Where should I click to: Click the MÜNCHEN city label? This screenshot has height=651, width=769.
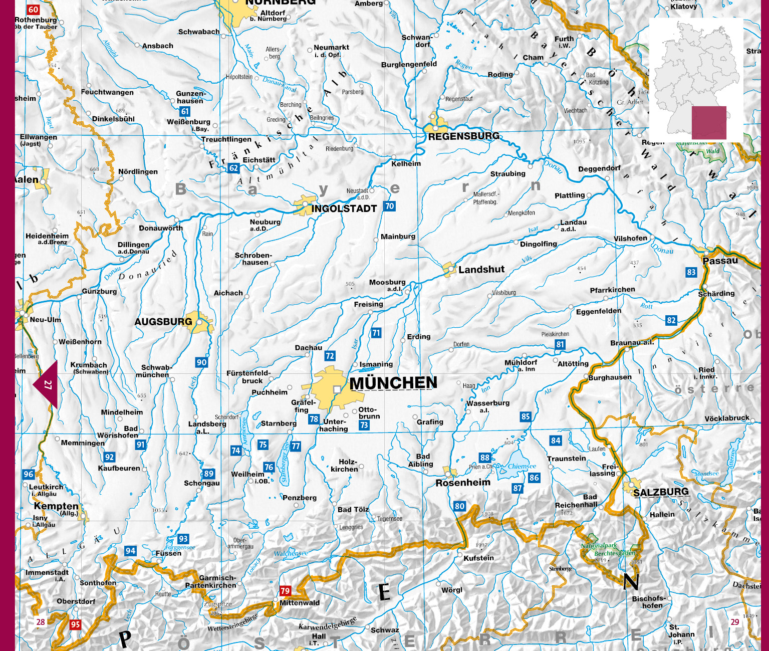pos(393,383)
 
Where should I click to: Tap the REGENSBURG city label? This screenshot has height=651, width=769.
pos(463,136)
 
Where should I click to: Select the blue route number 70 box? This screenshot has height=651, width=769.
pos(389,206)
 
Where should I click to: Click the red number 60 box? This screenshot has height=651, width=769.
pos(33,10)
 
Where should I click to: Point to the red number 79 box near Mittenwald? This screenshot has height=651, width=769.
pos(285,591)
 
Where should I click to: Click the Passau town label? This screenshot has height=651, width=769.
pos(720,261)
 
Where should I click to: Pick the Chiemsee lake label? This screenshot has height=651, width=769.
pos(522,466)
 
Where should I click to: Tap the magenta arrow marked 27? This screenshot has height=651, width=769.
pos(47,385)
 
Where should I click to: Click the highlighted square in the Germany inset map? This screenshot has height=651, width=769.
pos(709,122)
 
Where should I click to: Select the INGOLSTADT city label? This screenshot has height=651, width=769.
pos(344,209)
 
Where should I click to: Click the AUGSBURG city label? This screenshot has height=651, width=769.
pos(163,322)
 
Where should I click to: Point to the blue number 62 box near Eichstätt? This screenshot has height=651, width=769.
pos(233,168)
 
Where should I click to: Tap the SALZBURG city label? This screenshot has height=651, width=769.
pos(661,492)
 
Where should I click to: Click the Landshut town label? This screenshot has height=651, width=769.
pos(481,270)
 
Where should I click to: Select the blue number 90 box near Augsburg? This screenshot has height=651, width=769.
pos(201,362)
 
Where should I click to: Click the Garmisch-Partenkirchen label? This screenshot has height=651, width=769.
pos(210,582)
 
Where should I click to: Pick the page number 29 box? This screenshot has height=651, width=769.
pos(735,622)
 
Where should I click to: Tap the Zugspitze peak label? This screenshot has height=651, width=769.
pos(217,604)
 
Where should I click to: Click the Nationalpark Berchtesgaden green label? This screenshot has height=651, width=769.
pos(608,549)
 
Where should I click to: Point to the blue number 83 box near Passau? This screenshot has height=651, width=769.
pos(691,272)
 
